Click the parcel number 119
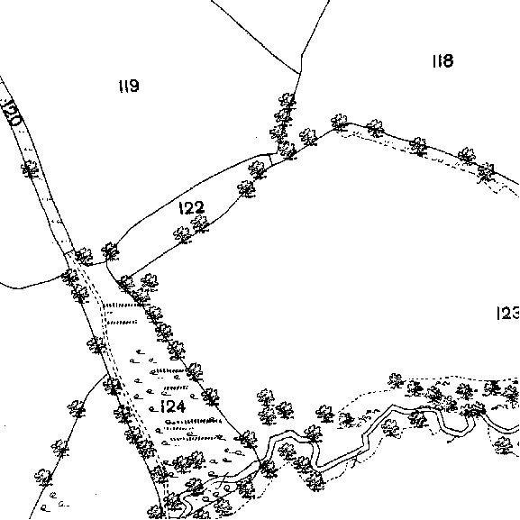pos(129,86)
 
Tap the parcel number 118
pos(442,60)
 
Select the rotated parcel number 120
pos(12,112)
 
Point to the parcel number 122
pos(192,208)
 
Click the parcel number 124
pos(172,406)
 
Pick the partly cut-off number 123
pos(508,313)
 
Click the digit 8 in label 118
pos(448,60)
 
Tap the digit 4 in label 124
pos(179,406)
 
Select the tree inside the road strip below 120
pos(30,169)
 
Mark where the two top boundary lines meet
pos(300,73)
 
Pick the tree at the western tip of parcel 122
pos(111,251)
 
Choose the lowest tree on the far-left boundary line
pos(43,478)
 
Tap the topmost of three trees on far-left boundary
pos(77,409)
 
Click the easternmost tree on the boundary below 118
pos(487,171)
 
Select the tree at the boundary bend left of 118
pos(340,123)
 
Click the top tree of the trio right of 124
pos(266,397)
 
